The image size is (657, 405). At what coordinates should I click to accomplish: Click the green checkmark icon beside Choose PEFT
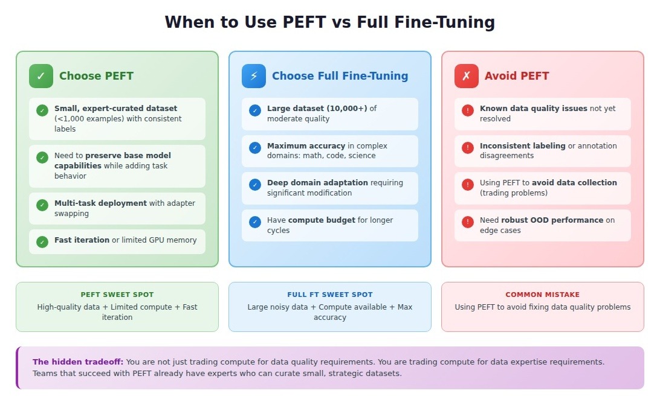[x=41, y=76]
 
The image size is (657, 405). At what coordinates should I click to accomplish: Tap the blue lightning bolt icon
[x=254, y=76]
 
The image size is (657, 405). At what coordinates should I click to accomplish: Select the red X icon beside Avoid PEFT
[x=467, y=76]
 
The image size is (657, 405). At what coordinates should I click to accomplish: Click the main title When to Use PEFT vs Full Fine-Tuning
[x=329, y=22]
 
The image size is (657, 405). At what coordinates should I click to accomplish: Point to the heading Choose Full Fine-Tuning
[x=340, y=76]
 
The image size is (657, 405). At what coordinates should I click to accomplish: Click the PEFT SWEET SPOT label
[x=117, y=295]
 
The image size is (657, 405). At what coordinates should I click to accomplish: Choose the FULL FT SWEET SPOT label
[x=330, y=295]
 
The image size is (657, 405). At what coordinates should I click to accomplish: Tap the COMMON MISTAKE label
[x=543, y=295]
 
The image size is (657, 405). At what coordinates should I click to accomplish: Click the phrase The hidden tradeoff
[x=78, y=362]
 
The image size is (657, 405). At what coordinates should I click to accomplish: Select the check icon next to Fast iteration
[x=42, y=241]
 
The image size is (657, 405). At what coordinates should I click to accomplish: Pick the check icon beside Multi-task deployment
[x=42, y=205]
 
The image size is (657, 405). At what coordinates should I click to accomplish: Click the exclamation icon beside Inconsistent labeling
[x=468, y=148]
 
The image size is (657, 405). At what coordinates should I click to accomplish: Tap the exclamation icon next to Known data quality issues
[x=468, y=110]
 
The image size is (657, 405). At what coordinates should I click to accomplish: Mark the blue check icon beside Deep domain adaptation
[x=255, y=185]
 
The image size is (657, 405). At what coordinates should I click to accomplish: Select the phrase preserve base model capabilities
[x=112, y=161]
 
